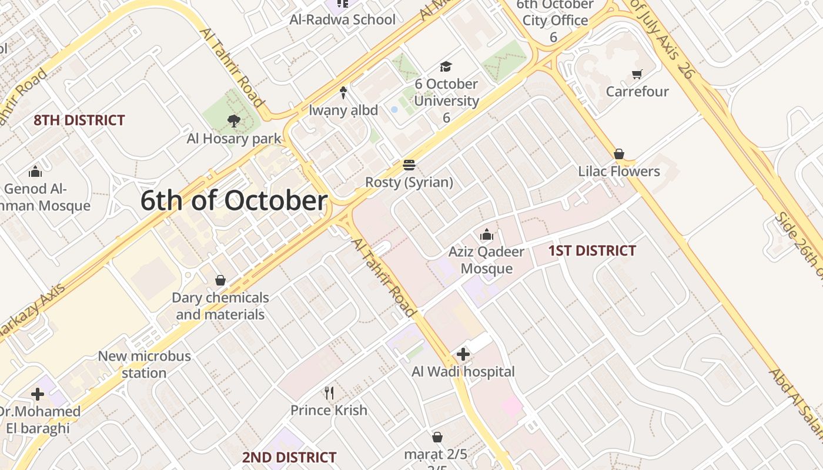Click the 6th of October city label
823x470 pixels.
tap(234, 201)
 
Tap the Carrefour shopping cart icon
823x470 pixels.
tap(637, 74)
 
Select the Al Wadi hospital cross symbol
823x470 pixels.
tap(463, 354)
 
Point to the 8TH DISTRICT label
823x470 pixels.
tap(79, 120)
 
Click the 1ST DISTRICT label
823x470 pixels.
tap(592, 251)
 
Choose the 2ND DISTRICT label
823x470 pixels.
tap(289, 457)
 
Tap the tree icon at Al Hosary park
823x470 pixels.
tap(234, 121)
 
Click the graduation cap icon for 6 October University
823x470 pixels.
tap(446, 66)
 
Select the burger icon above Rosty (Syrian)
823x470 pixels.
tap(409, 164)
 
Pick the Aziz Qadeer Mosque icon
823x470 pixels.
tap(486, 235)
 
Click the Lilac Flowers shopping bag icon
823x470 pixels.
tap(618, 154)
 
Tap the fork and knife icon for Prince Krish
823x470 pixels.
tap(329, 392)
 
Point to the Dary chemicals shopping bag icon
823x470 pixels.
tap(220, 280)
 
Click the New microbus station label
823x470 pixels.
tap(145, 364)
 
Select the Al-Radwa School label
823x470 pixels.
tap(343, 19)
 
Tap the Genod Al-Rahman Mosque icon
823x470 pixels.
tap(35, 172)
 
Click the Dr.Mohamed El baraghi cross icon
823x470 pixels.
tap(38, 394)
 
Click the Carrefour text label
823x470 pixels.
tap(637, 92)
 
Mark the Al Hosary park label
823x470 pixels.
tap(234, 139)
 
